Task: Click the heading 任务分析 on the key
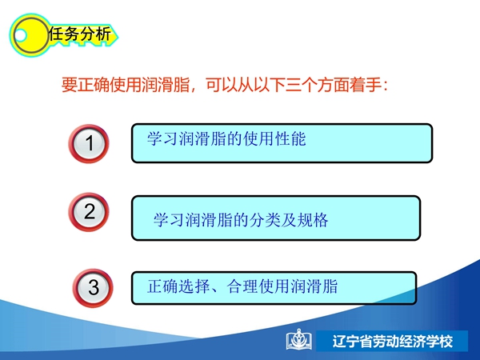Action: [80, 34]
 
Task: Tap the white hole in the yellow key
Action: [21, 35]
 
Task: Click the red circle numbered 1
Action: [89, 143]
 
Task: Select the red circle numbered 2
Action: [89, 212]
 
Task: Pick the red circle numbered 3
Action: [93, 288]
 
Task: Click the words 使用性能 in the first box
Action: [274, 138]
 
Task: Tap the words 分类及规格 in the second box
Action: [289, 220]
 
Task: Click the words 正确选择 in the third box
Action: [178, 286]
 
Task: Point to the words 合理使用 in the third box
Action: [258, 286]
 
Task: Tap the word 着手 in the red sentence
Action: [366, 85]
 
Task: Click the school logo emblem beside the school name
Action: [299, 339]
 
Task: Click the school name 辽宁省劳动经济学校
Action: [393, 342]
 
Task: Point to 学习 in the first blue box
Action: [162, 138]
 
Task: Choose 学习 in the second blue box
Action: [169, 220]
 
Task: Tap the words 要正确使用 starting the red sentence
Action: [102, 85]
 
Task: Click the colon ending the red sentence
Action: [385, 86]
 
